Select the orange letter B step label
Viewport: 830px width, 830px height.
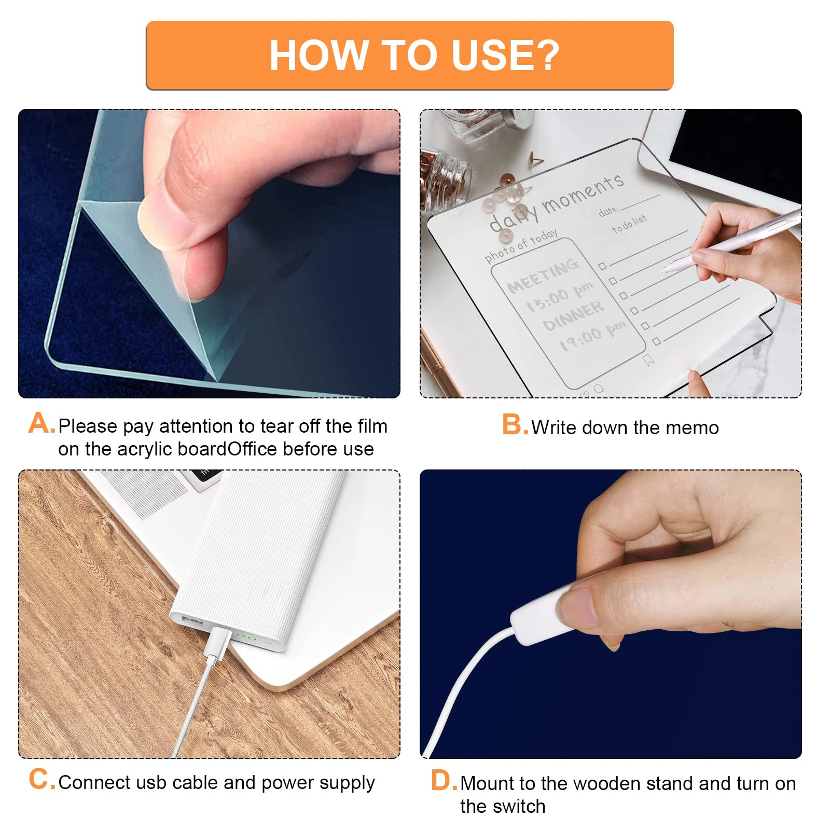click(x=514, y=425)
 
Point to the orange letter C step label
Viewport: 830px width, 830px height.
click(x=41, y=779)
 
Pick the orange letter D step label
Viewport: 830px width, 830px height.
click(x=443, y=781)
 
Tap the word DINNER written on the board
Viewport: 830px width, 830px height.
click(x=573, y=316)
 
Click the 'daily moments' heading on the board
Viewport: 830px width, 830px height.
click(x=558, y=202)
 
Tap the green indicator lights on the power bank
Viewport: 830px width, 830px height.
click(x=246, y=637)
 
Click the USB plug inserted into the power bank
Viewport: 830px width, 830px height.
click(x=218, y=642)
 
